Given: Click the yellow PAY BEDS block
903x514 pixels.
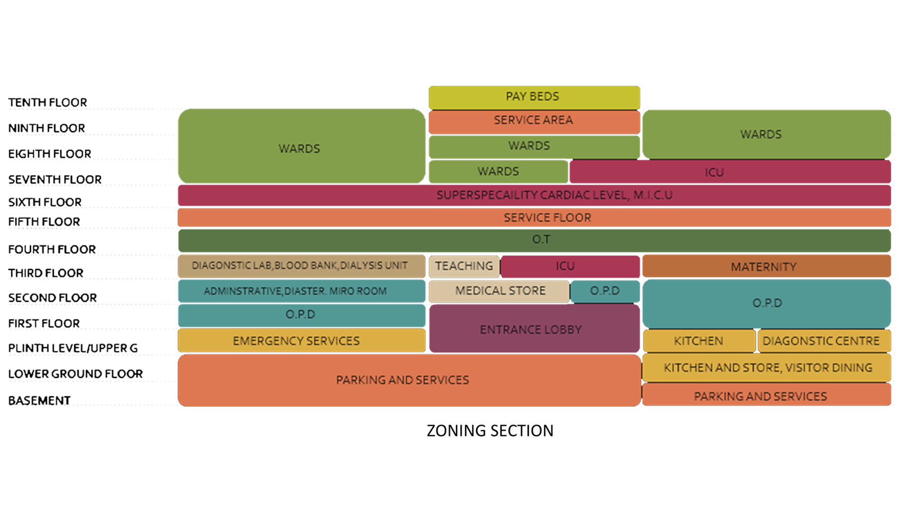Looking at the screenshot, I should (x=534, y=97).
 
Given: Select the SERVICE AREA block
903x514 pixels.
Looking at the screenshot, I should (x=534, y=121).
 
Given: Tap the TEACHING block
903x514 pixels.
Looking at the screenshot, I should (x=464, y=266).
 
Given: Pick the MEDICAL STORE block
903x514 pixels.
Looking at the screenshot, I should (x=499, y=291).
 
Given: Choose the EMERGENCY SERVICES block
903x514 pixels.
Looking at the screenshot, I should (x=301, y=341).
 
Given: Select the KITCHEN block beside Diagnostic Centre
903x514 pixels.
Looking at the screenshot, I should (x=698, y=341).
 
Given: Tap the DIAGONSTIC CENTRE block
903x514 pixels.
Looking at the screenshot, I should (x=823, y=341).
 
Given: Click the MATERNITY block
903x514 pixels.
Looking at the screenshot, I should (x=766, y=267).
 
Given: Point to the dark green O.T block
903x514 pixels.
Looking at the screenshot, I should (x=534, y=240).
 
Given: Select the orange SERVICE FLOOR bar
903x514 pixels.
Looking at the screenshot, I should (x=534, y=217).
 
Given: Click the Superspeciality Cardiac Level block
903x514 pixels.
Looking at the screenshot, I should (x=534, y=195).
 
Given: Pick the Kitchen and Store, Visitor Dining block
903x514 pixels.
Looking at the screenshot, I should (x=766, y=367).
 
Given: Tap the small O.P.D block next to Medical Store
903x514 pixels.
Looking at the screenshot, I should (x=605, y=291).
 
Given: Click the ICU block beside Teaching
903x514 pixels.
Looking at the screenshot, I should (x=569, y=266).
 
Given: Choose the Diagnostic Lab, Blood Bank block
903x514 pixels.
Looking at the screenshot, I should (x=301, y=266).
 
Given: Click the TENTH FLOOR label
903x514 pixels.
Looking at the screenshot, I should (x=48, y=102).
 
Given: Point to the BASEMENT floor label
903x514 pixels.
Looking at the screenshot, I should (x=39, y=401).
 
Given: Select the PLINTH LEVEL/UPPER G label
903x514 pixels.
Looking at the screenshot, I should (x=73, y=348).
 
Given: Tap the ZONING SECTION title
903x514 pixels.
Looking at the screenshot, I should (x=490, y=431).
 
